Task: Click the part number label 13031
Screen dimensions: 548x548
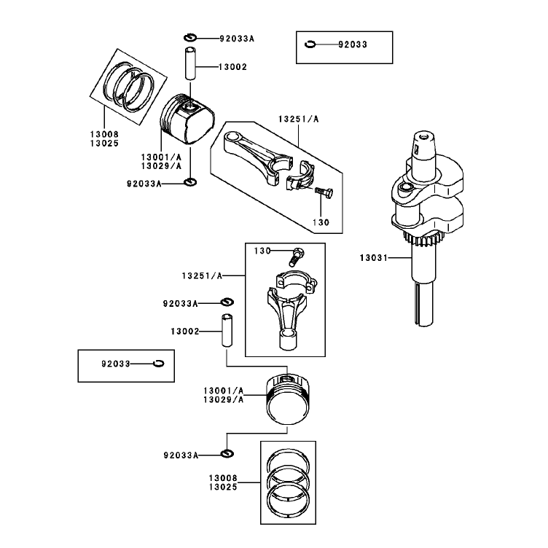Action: (x=374, y=258)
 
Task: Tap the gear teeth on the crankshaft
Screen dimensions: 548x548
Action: (x=423, y=239)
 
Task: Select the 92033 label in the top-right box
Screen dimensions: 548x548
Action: (x=353, y=44)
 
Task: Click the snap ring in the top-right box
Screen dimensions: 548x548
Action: (x=310, y=44)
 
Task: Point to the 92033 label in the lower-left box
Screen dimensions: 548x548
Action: (x=116, y=364)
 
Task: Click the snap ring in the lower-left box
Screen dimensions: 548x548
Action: (x=158, y=364)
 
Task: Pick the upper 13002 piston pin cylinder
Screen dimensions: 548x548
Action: (x=190, y=63)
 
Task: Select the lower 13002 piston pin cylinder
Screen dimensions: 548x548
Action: (x=227, y=330)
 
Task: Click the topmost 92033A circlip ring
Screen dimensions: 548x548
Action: (x=190, y=38)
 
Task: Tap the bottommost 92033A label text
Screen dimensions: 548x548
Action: (x=181, y=455)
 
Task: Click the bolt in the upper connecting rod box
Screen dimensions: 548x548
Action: (x=324, y=192)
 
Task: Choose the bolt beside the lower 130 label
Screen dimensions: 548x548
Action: (x=297, y=257)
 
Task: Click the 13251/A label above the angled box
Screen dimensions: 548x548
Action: (x=299, y=120)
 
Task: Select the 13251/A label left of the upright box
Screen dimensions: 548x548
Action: (x=202, y=276)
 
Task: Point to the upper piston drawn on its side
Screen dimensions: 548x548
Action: (x=187, y=119)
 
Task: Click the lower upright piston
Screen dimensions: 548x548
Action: (x=288, y=399)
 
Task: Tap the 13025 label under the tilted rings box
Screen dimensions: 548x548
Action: (x=104, y=144)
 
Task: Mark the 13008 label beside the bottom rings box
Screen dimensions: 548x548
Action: (x=223, y=478)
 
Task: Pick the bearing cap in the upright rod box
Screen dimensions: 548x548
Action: (x=297, y=281)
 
